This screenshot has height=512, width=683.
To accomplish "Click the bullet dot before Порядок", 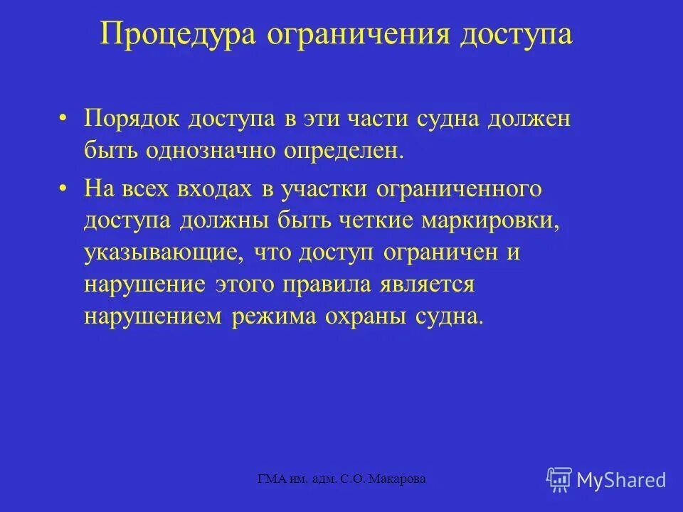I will (x=65, y=119).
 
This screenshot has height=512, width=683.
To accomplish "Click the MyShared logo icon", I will (x=558, y=479).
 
